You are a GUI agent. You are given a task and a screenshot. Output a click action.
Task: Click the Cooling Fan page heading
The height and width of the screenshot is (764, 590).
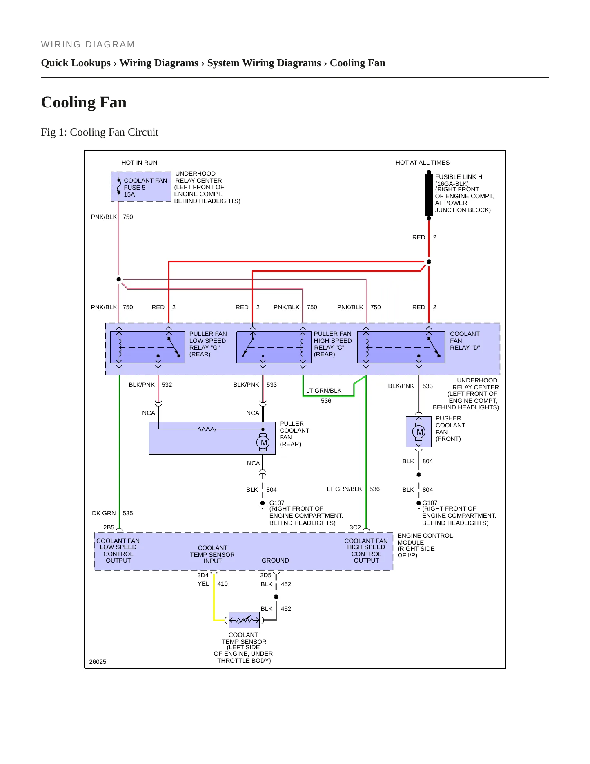click(x=84, y=102)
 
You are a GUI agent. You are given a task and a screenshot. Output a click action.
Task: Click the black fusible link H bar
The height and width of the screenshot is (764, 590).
click(x=429, y=195)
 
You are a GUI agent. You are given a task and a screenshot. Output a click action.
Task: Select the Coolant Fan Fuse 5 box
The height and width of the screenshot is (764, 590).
click(x=141, y=187)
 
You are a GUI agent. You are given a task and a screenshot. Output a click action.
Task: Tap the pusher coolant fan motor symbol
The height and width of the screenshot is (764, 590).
click(x=419, y=432)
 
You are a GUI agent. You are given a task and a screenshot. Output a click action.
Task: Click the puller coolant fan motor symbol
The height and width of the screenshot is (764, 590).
click(x=263, y=442)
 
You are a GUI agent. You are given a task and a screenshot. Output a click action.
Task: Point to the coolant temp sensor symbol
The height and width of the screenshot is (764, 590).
click(x=244, y=620)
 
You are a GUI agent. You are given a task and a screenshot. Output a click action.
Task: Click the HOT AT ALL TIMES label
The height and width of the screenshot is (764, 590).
click(x=423, y=163)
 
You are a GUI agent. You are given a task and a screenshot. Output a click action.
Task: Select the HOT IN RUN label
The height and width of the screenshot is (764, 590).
click(x=139, y=163)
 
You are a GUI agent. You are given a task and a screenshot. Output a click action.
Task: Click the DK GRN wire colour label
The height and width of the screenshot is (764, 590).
click(x=104, y=513)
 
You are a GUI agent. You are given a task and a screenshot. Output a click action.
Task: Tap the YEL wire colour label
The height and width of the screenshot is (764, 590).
click(x=203, y=584)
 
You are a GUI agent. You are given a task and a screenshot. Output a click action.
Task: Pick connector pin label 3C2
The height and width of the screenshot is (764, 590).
click(x=355, y=527)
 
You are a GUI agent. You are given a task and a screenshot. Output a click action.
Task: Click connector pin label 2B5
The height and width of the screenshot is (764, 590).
click(x=109, y=527)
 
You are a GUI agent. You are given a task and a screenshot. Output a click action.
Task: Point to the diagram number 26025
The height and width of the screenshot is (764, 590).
click(x=98, y=662)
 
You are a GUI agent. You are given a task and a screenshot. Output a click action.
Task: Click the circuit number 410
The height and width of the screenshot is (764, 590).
click(x=223, y=584)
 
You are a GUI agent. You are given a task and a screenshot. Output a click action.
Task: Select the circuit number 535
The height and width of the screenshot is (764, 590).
click(x=128, y=513)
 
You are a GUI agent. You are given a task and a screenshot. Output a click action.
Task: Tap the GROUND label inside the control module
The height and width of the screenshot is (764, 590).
click(x=275, y=561)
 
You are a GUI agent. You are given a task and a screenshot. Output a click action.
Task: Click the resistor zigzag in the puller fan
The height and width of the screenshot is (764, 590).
click(x=207, y=429)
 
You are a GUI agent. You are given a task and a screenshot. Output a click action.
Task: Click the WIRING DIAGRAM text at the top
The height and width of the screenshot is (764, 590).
click(x=88, y=45)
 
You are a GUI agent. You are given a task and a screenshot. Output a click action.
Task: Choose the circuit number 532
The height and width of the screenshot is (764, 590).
click(x=167, y=385)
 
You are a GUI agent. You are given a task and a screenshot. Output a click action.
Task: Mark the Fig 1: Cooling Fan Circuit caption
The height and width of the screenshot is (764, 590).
click(x=100, y=132)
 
